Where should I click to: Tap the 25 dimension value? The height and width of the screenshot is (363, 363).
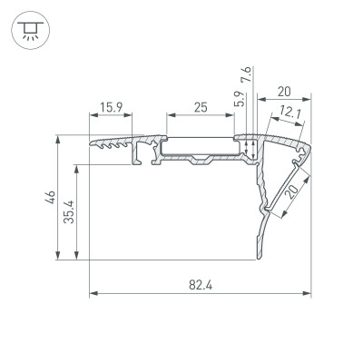201,107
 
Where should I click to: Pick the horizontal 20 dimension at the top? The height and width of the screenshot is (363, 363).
284,91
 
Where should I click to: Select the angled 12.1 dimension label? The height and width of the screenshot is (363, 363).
291,113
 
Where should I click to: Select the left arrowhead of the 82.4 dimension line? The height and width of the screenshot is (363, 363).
93,294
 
